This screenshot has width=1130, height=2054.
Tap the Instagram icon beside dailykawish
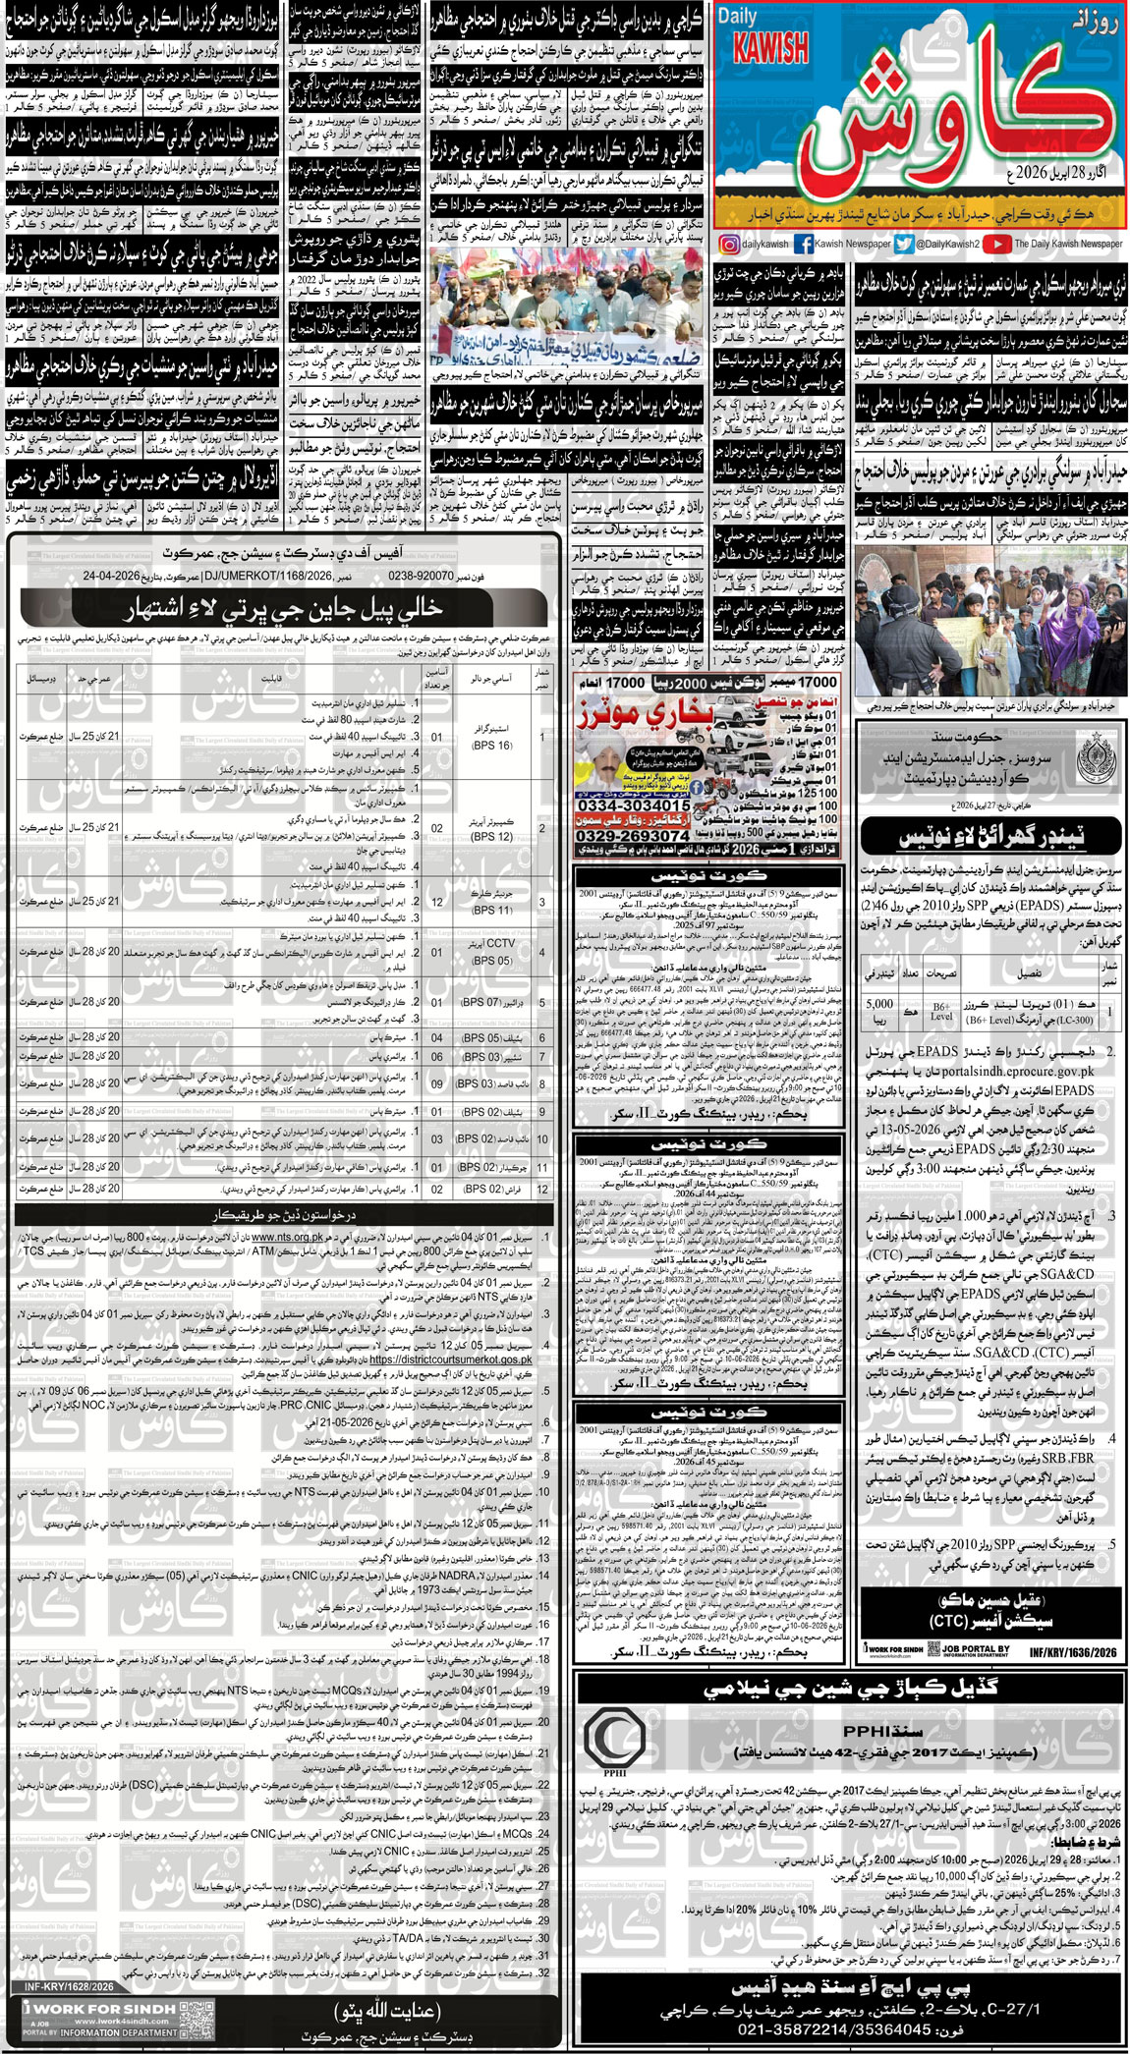coord(728,244)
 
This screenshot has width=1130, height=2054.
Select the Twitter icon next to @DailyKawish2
coord(904,244)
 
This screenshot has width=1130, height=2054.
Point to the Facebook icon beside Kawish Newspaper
coord(803,244)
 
